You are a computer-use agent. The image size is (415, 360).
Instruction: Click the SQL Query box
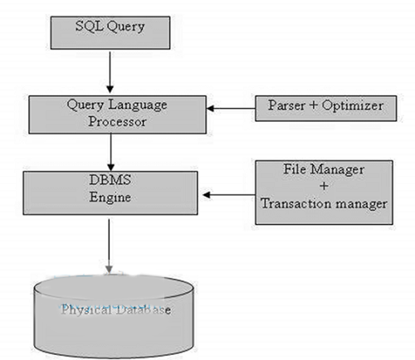[x=110, y=32]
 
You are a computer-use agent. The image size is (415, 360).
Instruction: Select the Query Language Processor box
[x=117, y=114]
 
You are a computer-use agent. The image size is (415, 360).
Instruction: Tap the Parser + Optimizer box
[x=325, y=109]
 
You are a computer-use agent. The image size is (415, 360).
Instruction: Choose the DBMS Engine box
[x=110, y=192]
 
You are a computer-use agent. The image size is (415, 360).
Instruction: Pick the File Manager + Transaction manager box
[x=324, y=192]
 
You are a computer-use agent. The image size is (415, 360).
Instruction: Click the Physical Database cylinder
[x=114, y=317]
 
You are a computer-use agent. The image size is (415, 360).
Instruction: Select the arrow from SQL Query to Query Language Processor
[x=110, y=72]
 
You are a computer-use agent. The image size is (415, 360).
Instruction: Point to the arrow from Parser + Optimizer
[x=231, y=109]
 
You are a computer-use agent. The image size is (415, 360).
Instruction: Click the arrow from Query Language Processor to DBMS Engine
[x=110, y=153]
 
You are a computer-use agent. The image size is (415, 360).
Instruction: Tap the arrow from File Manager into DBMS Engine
[x=229, y=195]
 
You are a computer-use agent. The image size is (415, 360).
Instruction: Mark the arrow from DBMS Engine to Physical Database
[x=109, y=246]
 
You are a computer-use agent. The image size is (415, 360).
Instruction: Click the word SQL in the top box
[x=89, y=27]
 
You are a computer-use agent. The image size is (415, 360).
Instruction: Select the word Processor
[x=117, y=122]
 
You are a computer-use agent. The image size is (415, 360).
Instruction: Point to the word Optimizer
[x=353, y=105]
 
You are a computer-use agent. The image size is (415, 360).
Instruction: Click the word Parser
[x=286, y=105]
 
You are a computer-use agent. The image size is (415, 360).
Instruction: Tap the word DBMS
[x=110, y=180]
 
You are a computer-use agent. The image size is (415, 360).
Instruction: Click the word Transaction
[x=295, y=204]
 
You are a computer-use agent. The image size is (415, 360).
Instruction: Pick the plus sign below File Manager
[x=324, y=186]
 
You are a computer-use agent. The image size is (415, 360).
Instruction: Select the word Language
[x=138, y=105]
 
